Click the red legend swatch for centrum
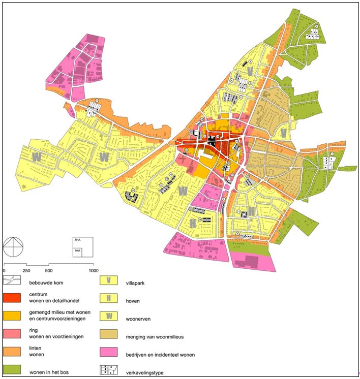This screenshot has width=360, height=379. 12,296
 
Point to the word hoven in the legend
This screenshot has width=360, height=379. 133,300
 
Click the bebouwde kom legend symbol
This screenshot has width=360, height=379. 12,280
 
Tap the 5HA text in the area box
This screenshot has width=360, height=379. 77,240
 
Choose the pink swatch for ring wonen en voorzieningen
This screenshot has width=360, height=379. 12,332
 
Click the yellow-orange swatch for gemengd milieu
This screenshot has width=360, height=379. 12,315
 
